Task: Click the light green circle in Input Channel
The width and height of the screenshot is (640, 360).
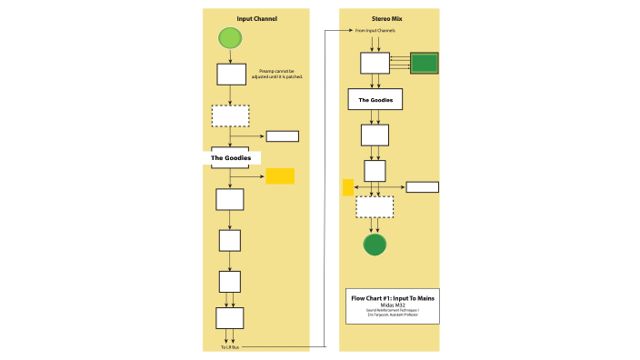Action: [230, 38]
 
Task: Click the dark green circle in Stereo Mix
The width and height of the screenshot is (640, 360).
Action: [375, 245]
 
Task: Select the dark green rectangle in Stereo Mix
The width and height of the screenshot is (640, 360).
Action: [425, 63]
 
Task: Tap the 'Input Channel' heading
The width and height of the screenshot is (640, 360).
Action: [256, 19]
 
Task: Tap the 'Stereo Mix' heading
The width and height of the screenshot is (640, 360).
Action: [388, 19]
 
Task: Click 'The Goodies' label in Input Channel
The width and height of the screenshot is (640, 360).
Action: [231, 158]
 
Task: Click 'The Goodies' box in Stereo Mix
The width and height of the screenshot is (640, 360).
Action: [375, 99]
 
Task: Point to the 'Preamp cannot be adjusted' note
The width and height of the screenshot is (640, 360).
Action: [280, 74]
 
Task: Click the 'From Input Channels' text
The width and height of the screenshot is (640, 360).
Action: [375, 31]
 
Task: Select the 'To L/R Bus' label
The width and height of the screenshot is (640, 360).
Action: [230, 347]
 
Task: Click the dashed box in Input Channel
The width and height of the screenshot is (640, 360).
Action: [230, 115]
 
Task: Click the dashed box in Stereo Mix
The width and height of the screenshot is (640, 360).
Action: [375, 206]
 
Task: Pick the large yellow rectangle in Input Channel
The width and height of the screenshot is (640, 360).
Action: [280, 176]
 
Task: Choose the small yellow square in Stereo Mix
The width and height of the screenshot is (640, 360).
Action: [348, 187]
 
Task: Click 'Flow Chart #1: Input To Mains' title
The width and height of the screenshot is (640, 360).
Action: [393, 298]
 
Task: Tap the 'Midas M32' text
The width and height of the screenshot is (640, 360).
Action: [393, 305]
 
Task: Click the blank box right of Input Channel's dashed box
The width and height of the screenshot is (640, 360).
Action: [282, 136]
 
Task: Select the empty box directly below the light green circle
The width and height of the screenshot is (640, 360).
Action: [231, 74]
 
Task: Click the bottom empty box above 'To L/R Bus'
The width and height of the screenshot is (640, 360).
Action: [229, 318]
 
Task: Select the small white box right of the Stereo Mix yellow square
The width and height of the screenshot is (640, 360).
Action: [422, 187]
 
